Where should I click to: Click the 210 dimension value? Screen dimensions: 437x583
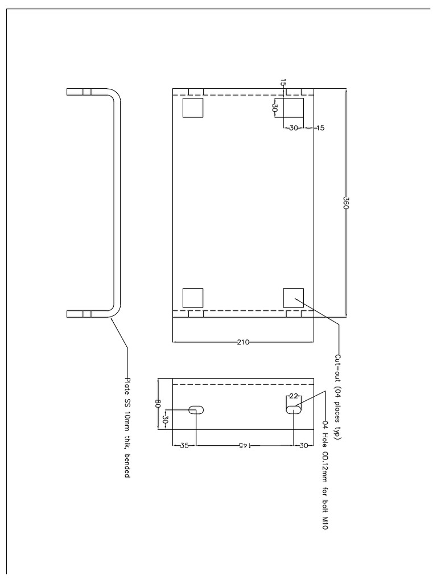243,342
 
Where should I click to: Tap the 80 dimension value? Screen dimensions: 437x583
158,404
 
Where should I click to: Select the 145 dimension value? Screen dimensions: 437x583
243,445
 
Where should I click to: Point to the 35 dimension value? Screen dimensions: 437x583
184,445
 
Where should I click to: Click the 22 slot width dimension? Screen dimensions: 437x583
294,396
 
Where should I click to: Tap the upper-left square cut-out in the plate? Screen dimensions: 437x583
193,108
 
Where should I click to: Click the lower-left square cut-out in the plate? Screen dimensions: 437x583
193,298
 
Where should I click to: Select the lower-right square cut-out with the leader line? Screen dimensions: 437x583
293,298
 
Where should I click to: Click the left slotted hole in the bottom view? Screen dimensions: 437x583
196,410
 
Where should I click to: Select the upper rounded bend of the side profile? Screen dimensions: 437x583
117,95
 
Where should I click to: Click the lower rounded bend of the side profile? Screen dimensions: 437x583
117,311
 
